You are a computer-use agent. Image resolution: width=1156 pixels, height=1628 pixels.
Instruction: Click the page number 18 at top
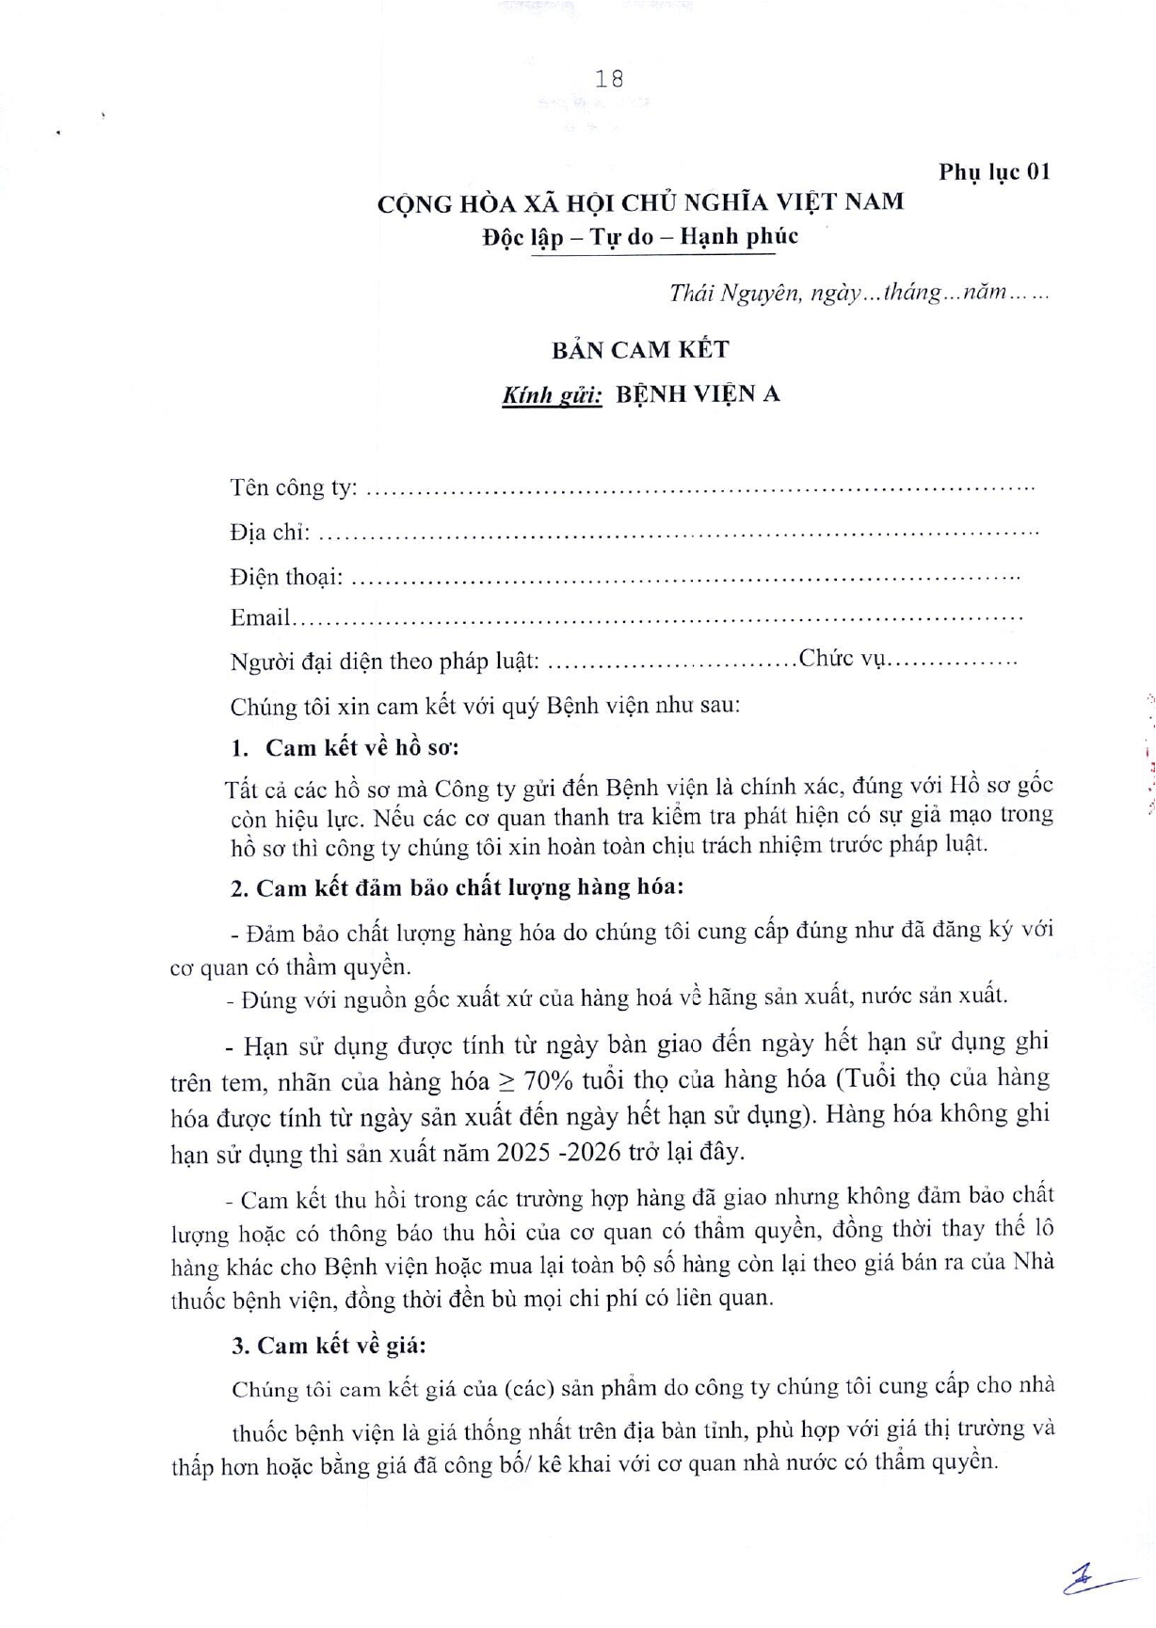(x=609, y=79)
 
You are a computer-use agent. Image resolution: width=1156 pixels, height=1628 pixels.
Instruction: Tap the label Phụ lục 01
(x=993, y=172)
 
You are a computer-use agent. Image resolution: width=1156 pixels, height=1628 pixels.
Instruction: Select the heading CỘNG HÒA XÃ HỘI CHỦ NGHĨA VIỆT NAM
(x=640, y=202)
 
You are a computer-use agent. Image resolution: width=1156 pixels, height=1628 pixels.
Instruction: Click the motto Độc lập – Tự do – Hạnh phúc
(x=640, y=236)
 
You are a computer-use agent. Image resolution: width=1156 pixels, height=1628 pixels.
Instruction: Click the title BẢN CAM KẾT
(x=640, y=350)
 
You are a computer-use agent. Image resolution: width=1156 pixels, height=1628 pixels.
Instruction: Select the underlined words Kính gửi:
(x=552, y=395)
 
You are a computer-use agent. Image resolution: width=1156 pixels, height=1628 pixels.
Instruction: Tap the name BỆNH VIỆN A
(x=698, y=394)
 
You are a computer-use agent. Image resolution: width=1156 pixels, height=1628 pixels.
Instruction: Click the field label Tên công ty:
(x=294, y=487)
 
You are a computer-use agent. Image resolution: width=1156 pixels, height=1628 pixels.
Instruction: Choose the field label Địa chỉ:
(x=270, y=532)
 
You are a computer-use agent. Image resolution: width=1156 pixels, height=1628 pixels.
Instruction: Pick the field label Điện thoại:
(x=286, y=576)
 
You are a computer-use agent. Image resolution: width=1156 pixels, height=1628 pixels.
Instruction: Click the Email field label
(x=260, y=618)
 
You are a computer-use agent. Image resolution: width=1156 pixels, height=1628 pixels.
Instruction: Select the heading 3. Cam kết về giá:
(x=329, y=1346)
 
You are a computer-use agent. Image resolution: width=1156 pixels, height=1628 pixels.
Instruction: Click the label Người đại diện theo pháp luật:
(x=385, y=662)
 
